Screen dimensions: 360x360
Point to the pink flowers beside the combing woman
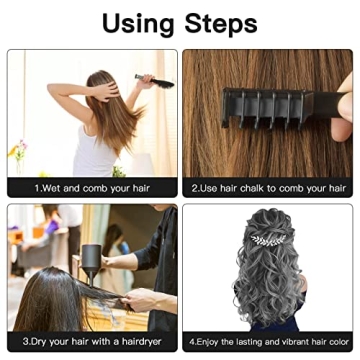(x=17, y=150)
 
